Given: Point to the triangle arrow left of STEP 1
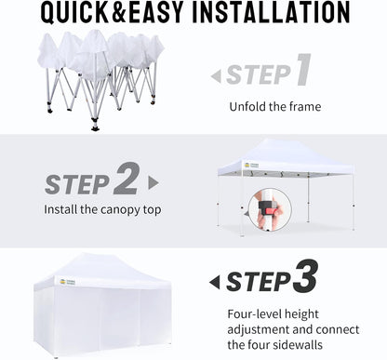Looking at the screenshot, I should [x=216, y=76].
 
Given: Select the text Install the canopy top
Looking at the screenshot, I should [x=102, y=209].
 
